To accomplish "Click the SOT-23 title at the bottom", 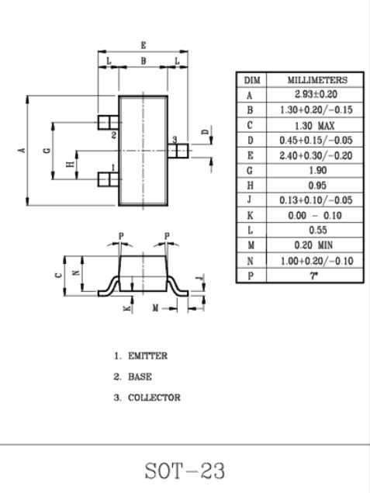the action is click(185, 470).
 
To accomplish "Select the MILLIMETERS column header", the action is click(317, 80).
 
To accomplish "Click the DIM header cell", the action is click(252, 80).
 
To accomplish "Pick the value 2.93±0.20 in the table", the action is click(316, 94).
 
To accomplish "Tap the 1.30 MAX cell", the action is click(314, 126).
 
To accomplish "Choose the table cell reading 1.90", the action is click(318, 170).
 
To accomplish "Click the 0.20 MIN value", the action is click(313, 245).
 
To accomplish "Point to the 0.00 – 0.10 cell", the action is click(315, 215).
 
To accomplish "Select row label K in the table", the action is click(250, 215).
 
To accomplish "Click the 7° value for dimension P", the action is click(314, 276).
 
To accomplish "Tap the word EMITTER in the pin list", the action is click(147, 356).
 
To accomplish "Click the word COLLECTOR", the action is click(154, 398).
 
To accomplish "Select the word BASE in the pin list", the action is click(140, 377).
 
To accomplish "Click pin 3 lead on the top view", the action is click(178, 151).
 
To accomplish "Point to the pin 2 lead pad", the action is click(109, 123).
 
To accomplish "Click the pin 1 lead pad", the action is click(109, 179).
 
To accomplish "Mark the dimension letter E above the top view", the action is click(144, 45).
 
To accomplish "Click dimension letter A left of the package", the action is click(22, 150).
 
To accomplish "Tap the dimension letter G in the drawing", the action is click(47, 151).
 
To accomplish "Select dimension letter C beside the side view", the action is click(58, 275).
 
